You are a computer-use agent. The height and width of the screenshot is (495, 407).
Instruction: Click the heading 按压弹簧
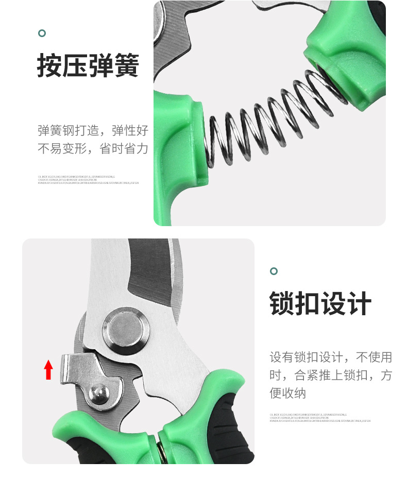88,66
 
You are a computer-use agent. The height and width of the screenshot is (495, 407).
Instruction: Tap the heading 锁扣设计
320,303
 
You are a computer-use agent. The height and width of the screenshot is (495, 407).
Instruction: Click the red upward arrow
48,370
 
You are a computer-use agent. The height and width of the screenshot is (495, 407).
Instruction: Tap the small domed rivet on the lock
99,394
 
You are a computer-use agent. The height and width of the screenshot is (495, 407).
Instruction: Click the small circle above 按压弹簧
42,33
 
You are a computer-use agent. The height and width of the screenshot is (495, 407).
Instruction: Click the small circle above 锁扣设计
274,271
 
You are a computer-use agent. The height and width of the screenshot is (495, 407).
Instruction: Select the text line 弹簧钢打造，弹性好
93,130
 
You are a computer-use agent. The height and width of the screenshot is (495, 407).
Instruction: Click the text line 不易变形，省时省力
93,149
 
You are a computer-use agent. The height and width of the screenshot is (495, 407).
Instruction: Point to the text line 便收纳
288,393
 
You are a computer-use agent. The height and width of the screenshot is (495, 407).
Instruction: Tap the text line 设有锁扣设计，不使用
330,357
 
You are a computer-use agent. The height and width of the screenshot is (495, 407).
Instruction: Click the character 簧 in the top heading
127,66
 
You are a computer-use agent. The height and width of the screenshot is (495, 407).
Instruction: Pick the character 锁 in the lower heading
282,303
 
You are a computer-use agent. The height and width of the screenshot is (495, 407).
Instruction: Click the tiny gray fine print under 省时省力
88,179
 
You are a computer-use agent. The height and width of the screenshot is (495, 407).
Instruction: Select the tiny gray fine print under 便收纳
319,418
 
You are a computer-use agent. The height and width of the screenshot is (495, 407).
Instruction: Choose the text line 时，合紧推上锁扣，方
330,375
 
